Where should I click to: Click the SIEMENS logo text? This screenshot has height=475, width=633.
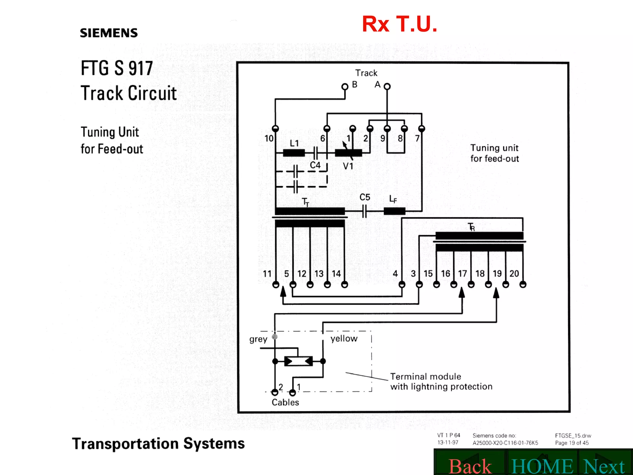click(109, 33)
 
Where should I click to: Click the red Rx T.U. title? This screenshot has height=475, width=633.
click(399, 24)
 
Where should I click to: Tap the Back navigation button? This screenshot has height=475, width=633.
click(470, 466)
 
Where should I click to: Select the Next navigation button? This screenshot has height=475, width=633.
click(604, 466)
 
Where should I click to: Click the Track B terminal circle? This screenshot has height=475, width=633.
click(345, 87)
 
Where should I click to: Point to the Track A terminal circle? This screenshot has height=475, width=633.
click(387, 87)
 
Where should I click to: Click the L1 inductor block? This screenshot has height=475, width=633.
click(294, 153)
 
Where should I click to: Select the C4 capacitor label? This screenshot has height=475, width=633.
click(315, 165)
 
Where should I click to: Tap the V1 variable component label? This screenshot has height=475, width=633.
click(348, 166)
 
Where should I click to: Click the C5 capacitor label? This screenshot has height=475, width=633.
click(365, 197)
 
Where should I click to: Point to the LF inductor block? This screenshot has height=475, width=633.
click(394, 211)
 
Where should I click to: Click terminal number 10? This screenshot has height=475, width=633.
click(269, 138)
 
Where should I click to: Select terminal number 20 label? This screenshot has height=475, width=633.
click(514, 274)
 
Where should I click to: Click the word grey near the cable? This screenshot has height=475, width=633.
click(258, 339)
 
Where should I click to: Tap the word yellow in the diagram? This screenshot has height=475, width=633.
click(344, 339)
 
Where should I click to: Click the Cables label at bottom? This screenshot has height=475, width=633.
click(285, 402)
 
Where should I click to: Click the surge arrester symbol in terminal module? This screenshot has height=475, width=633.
click(299, 361)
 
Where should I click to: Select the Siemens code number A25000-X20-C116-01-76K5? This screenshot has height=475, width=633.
click(505, 443)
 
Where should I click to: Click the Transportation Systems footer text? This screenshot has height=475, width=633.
click(158, 443)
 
